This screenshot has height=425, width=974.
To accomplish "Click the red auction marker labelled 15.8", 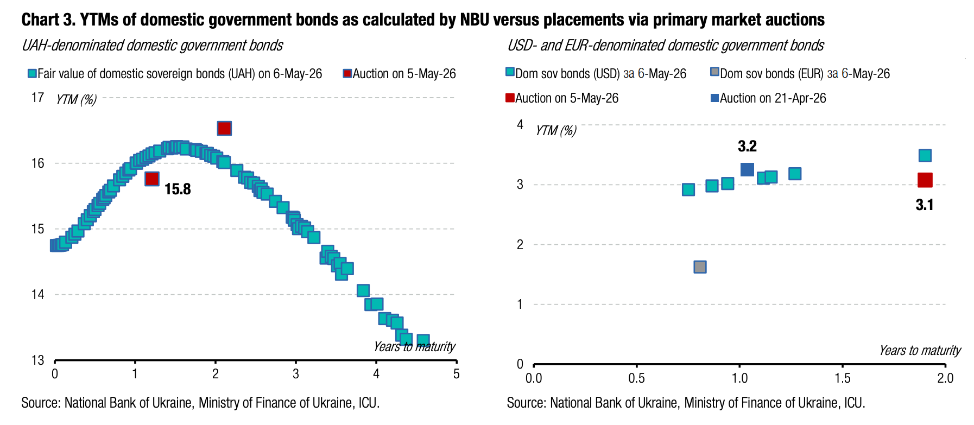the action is [152, 179].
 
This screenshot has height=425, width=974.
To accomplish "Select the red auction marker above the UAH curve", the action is [224, 128].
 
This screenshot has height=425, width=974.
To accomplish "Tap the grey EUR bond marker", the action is [700, 267].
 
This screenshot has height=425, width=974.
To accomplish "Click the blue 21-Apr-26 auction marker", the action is [747, 169].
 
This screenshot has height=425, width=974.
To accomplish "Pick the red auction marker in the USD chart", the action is [925, 180].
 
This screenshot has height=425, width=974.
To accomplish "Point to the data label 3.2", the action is [747, 146].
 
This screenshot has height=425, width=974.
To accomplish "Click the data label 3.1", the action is [925, 205].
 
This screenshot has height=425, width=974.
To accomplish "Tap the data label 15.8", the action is [178, 189].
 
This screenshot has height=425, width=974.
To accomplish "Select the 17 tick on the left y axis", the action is [37, 98].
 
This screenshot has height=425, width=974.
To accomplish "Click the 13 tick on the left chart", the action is [37, 360].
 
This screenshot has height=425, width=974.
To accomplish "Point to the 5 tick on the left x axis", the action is [456, 374].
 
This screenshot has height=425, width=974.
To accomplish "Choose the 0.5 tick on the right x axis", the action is [636, 378].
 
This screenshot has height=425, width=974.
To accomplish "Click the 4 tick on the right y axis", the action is [520, 125].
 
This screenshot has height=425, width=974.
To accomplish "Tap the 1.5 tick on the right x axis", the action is [842, 378].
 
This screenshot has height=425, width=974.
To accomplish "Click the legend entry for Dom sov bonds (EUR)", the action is [800, 73].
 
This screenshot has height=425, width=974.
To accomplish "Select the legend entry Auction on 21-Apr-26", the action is [769, 98].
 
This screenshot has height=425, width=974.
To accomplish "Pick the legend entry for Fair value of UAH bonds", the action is [175, 73].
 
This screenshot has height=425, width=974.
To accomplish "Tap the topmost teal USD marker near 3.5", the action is [925, 156].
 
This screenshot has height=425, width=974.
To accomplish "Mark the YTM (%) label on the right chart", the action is [556, 131].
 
